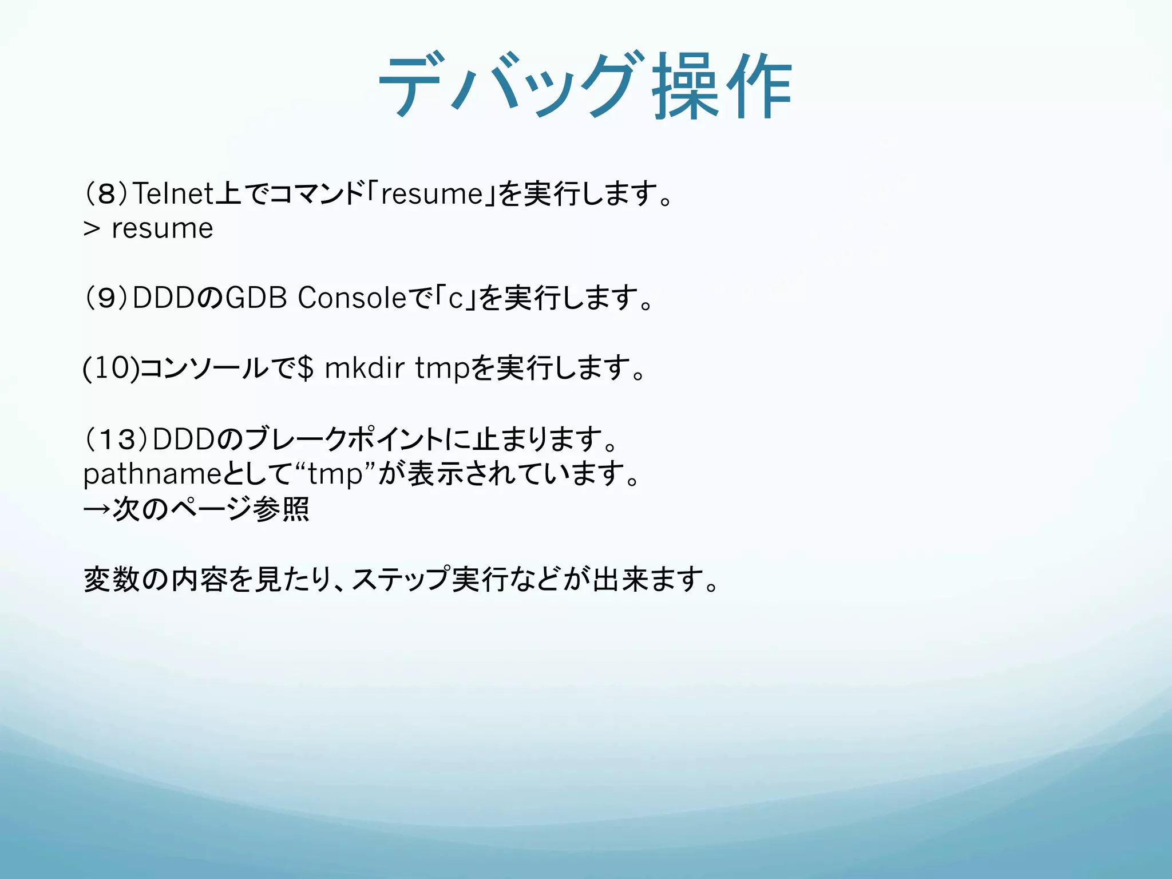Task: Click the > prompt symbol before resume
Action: click(x=92, y=229)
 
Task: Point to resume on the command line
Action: click(x=163, y=229)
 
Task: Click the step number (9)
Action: click(x=106, y=298)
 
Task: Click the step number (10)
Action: click(x=110, y=368)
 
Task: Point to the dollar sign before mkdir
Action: click(x=306, y=368)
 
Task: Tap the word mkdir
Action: click(x=365, y=368)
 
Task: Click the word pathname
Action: click(x=152, y=474)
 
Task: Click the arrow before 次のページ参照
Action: click(x=96, y=509)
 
